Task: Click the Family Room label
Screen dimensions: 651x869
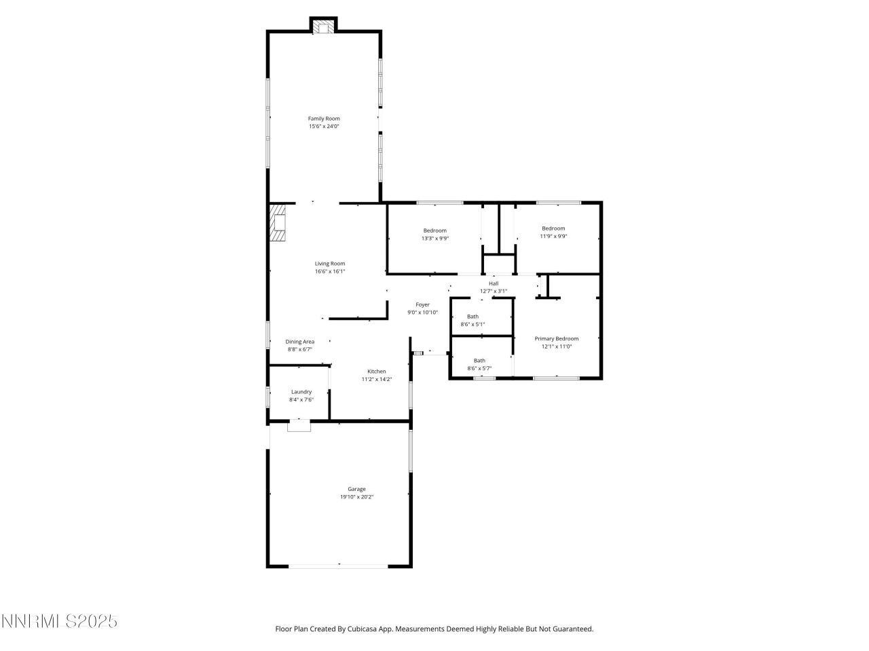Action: pyautogui.click(x=324, y=119)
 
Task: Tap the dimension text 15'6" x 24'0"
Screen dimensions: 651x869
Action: pyautogui.click(x=324, y=126)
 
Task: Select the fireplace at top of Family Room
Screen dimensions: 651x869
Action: pyautogui.click(x=323, y=26)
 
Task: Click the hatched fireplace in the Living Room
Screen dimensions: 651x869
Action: pyautogui.click(x=277, y=222)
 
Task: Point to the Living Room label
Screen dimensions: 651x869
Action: pyautogui.click(x=330, y=264)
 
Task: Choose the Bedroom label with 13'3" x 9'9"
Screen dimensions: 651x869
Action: pyautogui.click(x=434, y=231)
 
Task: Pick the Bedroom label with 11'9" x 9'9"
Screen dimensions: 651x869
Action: pyautogui.click(x=553, y=229)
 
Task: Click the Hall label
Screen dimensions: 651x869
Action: pyautogui.click(x=494, y=283)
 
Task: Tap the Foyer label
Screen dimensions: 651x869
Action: pyautogui.click(x=422, y=305)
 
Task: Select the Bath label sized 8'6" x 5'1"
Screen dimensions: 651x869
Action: pyautogui.click(x=473, y=317)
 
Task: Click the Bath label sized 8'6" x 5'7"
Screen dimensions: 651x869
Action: pyautogui.click(x=479, y=361)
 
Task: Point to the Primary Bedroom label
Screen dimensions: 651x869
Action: pyautogui.click(x=557, y=338)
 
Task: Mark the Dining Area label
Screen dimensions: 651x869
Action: pyautogui.click(x=299, y=342)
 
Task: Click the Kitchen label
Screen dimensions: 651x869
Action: pyautogui.click(x=377, y=372)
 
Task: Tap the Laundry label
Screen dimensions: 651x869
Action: pyautogui.click(x=301, y=392)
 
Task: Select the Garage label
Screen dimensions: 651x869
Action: pyautogui.click(x=356, y=489)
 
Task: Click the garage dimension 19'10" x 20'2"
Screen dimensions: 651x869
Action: pyautogui.click(x=356, y=497)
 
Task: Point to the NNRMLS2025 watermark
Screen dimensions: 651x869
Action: pyautogui.click(x=59, y=621)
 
